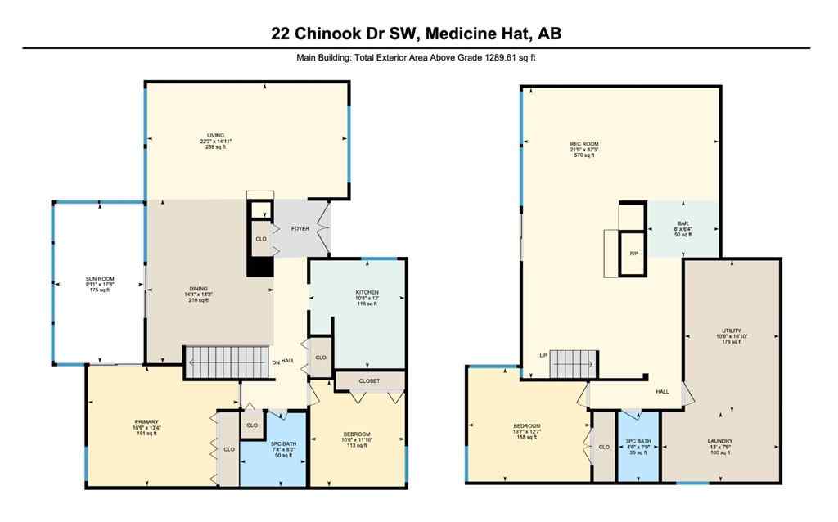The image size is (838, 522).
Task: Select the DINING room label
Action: click(197, 289)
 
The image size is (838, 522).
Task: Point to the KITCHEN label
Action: click(366, 292)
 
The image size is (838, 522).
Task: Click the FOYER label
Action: click(300, 228)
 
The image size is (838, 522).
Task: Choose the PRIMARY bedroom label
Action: click(123, 422)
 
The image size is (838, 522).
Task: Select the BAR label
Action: click(683, 223)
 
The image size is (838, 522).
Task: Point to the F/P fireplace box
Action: click(633, 253)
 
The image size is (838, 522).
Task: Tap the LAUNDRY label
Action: click(720, 441)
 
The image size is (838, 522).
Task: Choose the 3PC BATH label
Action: click(638, 441)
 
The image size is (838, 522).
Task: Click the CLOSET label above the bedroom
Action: click(369, 380)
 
